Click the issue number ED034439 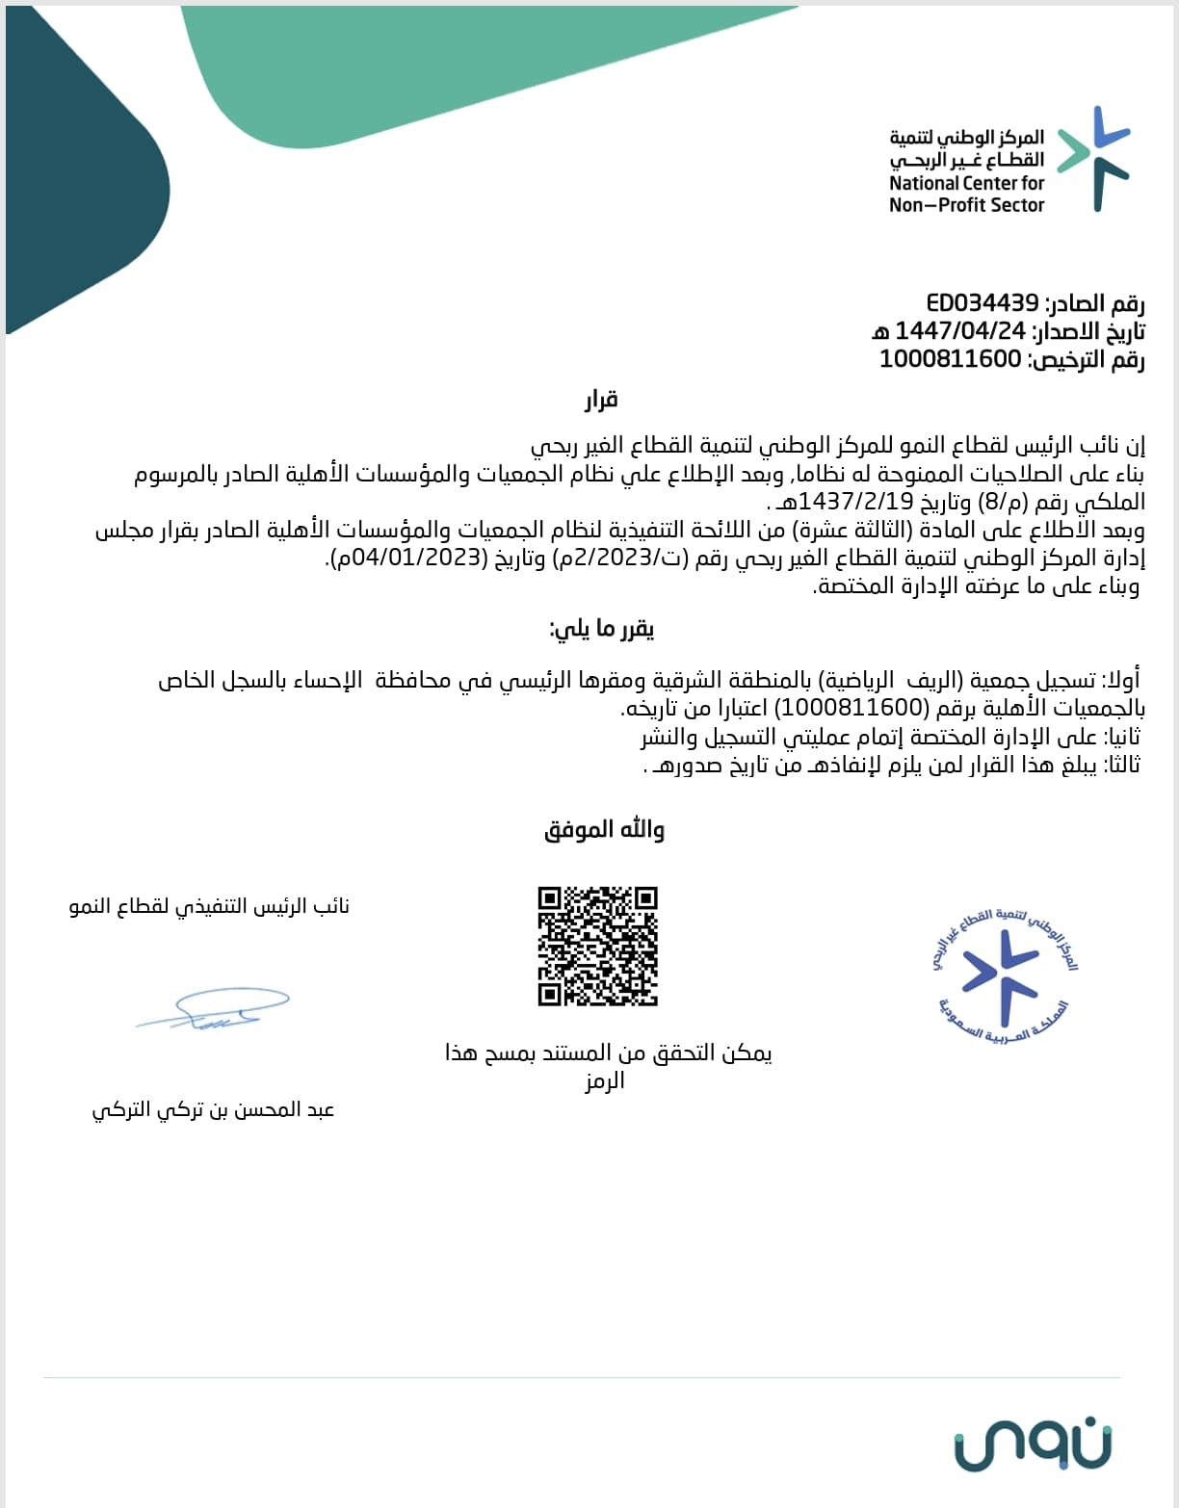tap(982, 303)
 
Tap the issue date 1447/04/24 tap(960, 331)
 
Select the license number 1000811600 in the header tap(950, 360)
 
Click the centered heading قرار tap(600, 400)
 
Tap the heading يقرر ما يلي tap(601, 630)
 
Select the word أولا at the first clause tap(1122, 680)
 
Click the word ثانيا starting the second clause tap(1121, 737)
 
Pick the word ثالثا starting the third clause tap(1121, 765)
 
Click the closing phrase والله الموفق tap(604, 830)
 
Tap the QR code tap(597, 947)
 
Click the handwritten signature tap(213, 1008)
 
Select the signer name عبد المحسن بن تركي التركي tap(213, 1109)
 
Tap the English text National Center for tap(966, 183)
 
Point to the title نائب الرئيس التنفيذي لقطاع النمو tap(209, 906)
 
